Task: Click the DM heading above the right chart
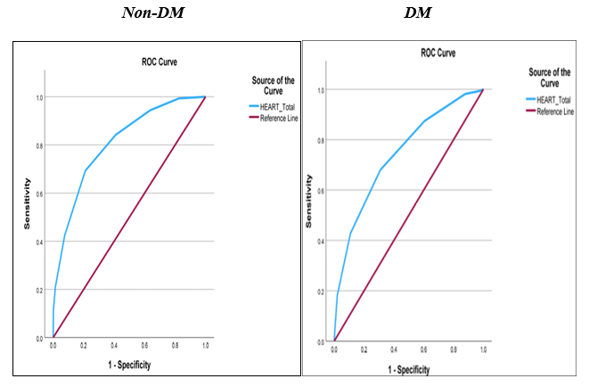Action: [444, 13]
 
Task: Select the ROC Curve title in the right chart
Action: [438, 54]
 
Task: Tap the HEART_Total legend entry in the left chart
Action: [276, 105]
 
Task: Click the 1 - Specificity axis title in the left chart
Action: [130, 366]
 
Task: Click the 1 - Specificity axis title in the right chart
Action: [408, 368]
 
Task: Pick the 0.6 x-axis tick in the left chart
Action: [144, 347]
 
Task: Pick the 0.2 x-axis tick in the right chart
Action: [364, 350]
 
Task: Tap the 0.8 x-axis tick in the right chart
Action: [454, 350]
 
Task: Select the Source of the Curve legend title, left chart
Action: [267, 86]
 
